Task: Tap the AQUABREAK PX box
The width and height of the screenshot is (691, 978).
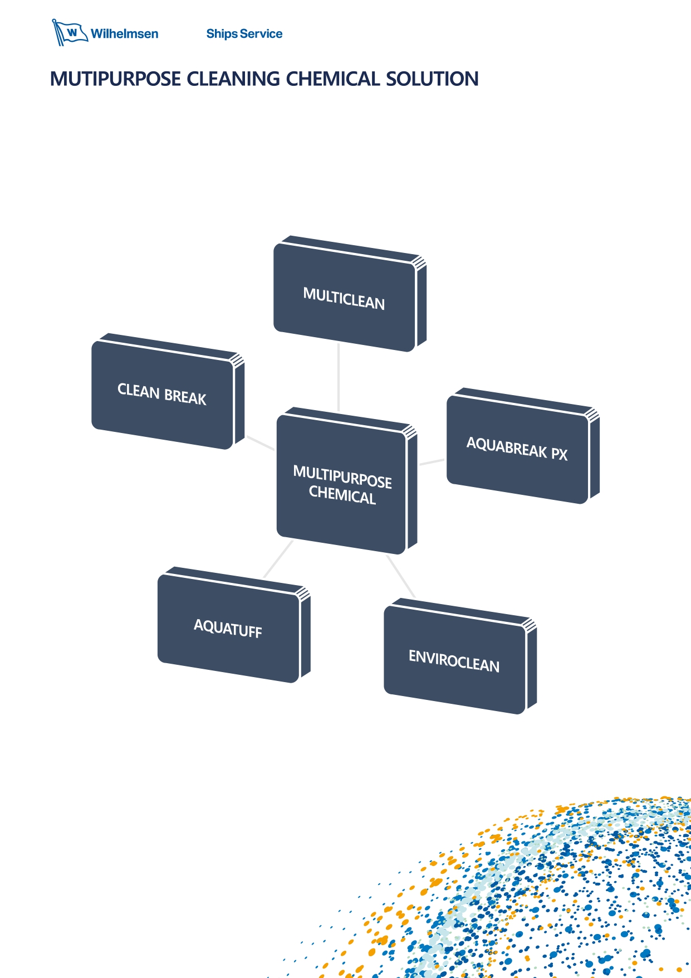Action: click(x=517, y=449)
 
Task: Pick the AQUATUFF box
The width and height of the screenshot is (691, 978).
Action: click(x=228, y=628)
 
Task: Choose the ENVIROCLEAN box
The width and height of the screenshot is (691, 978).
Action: click(x=454, y=660)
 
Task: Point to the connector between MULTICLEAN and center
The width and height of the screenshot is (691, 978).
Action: click(x=339, y=378)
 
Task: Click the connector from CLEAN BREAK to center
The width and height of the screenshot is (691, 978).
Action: click(x=260, y=443)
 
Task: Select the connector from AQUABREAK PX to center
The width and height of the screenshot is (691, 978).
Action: click(x=432, y=462)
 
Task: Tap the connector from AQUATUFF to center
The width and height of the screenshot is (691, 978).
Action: click(x=278, y=559)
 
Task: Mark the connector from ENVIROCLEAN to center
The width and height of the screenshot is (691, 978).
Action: click(x=401, y=577)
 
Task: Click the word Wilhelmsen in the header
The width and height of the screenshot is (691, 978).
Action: click(x=124, y=34)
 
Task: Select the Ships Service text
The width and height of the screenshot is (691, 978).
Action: click(x=244, y=34)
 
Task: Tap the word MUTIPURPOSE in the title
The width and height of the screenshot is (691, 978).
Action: click(x=115, y=79)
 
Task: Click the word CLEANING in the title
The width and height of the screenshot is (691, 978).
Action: click(x=233, y=79)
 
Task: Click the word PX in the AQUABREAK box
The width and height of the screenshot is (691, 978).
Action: click(x=559, y=454)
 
